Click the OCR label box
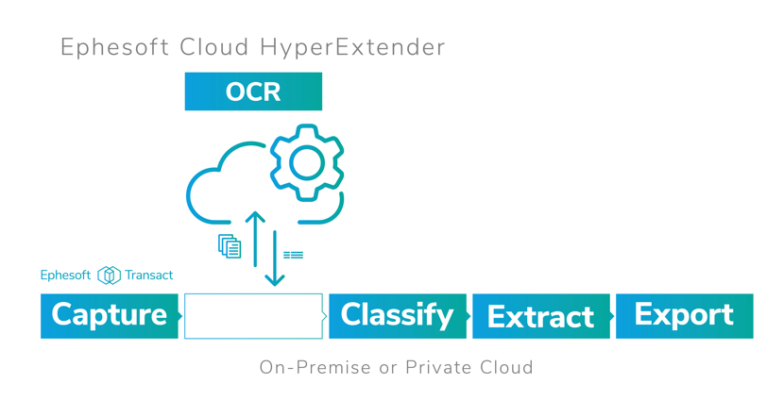tap(253, 92)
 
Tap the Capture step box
tap(110, 316)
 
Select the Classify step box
tap(398, 316)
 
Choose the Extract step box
tap(541, 316)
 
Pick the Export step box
tap(685, 316)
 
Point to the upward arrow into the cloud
tap(255, 239)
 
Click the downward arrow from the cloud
tap(275, 259)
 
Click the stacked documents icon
tap(230, 246)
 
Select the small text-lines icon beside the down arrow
tap(293, 255)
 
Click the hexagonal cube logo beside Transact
tap(109, 276)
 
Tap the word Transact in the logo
tap(149, 275)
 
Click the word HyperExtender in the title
tap(352, 48)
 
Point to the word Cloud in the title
tap(214, 47)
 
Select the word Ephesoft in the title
tap(114, 48)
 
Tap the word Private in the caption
tap(438, 368)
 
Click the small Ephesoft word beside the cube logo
tap(65, 275)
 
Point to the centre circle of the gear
tap(306, 163)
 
